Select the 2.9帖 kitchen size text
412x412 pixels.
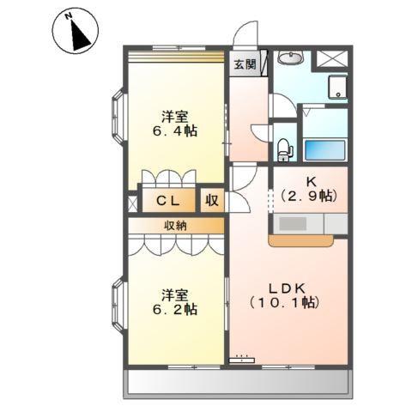point(308,197)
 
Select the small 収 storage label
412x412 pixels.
point(211,202)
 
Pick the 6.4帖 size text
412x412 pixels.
point(177,132)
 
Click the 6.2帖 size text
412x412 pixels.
point(177,308)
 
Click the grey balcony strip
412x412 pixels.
point(239,384)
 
